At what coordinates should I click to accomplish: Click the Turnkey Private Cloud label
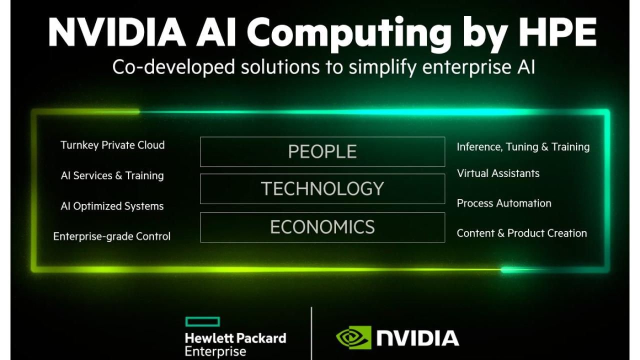tap(112, 145)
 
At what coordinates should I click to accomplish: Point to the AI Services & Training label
tap(112, 175)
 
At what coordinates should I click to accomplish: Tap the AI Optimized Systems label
tap(112, 206)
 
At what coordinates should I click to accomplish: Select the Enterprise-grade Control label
tap(111, 236)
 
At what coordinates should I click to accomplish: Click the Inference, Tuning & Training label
tap(523, 147)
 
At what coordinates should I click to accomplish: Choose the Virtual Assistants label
tap(498, 173)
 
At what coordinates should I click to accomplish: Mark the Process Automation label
tap(504, 203)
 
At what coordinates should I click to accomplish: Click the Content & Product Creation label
tap(521, 233)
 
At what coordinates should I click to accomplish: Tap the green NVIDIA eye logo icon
tap(353, 337)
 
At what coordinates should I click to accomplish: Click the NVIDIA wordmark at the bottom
tap(417, 338)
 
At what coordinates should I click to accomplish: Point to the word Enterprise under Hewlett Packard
tap(215, 351)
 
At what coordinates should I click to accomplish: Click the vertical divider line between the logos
tap(311, 333)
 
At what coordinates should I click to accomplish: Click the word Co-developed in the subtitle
tap(173, 67)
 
